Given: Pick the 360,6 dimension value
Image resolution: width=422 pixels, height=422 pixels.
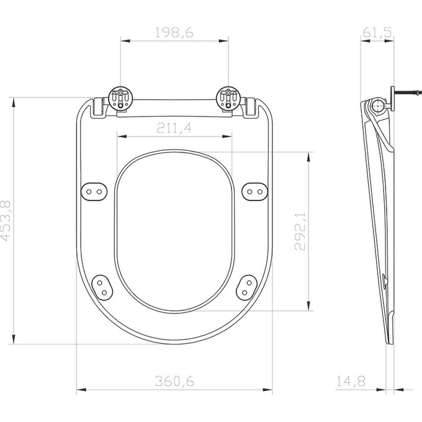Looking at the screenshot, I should click(174, 382).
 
